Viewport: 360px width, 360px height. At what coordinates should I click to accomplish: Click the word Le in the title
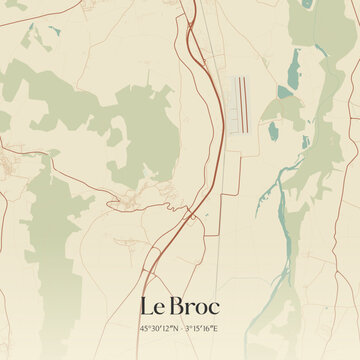153,304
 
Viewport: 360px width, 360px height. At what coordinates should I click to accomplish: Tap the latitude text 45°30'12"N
159,327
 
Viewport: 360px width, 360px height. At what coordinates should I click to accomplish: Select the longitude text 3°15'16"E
203,327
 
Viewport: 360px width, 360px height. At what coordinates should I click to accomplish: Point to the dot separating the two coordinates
181,327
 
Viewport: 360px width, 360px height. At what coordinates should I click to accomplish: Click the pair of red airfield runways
240,104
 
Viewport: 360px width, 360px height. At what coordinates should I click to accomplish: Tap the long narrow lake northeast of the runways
292,69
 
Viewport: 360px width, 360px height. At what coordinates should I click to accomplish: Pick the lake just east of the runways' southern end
271,129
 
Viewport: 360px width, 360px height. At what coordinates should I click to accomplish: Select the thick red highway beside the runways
213,110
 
